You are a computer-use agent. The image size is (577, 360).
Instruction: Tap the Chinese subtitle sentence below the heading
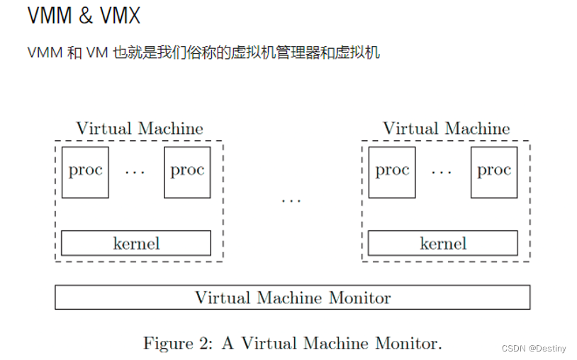(203, 53)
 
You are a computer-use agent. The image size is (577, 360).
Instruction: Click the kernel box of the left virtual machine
(136, 243)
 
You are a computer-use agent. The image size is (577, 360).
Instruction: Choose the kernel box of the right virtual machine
(443, 243)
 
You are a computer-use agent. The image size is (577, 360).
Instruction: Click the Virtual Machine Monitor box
(292, 298)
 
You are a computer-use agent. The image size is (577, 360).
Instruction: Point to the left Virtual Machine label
(140, 129)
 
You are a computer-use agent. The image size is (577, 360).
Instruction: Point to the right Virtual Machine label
(446, 129)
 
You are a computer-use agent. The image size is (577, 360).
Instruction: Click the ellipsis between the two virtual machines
(291, 201)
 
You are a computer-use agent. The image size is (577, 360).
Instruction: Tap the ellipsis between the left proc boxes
(135, 172)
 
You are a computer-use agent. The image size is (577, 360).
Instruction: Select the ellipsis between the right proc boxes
(442, 172)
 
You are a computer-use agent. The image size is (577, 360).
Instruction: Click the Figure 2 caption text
(292, 344)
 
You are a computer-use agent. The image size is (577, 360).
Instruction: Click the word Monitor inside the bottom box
(359, 298)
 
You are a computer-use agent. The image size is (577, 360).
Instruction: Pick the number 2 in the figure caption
(206, 344)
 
